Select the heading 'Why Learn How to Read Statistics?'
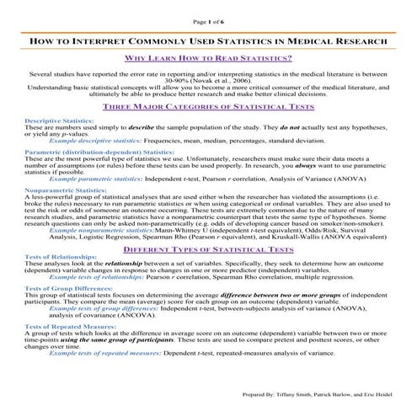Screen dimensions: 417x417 pos(208,58)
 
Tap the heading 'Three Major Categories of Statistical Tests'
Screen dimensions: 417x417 pos(208,108)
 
